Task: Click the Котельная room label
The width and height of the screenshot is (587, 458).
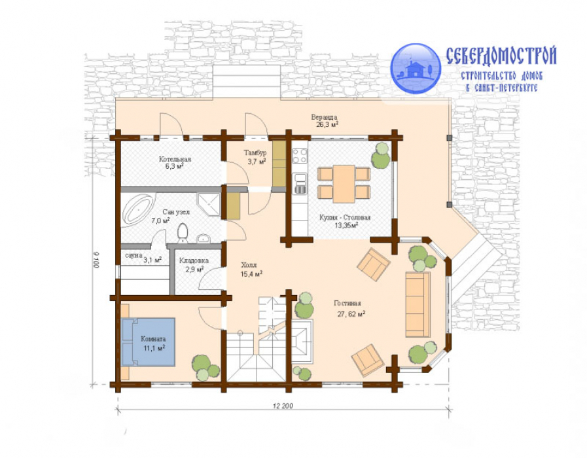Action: [175, 162]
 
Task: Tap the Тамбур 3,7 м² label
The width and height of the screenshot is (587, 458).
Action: [256, 157]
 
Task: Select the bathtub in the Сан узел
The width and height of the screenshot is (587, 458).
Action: [138, 209]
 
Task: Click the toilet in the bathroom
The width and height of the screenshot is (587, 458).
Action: [183, 233]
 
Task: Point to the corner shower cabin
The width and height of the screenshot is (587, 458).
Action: [209, 204]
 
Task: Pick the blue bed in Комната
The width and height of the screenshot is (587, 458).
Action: [149, 342]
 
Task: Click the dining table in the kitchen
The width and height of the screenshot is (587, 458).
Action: [344, 184]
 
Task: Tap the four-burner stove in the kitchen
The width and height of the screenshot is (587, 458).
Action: [300, 156]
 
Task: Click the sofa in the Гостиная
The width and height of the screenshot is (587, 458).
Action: [418, 304]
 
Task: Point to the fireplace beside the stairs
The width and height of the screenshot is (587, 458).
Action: [302, 342]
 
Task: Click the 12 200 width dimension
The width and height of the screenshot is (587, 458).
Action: [283, 406]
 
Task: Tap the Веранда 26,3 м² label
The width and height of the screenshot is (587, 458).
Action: [325, 121]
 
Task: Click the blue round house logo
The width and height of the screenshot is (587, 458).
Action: [416, 69]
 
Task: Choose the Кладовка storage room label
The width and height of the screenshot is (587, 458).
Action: [194, 264]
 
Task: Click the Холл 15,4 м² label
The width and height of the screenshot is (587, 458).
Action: [251, 270]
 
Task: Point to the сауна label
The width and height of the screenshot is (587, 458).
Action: [133, 255]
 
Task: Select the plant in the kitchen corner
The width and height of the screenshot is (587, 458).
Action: [381, 156]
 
